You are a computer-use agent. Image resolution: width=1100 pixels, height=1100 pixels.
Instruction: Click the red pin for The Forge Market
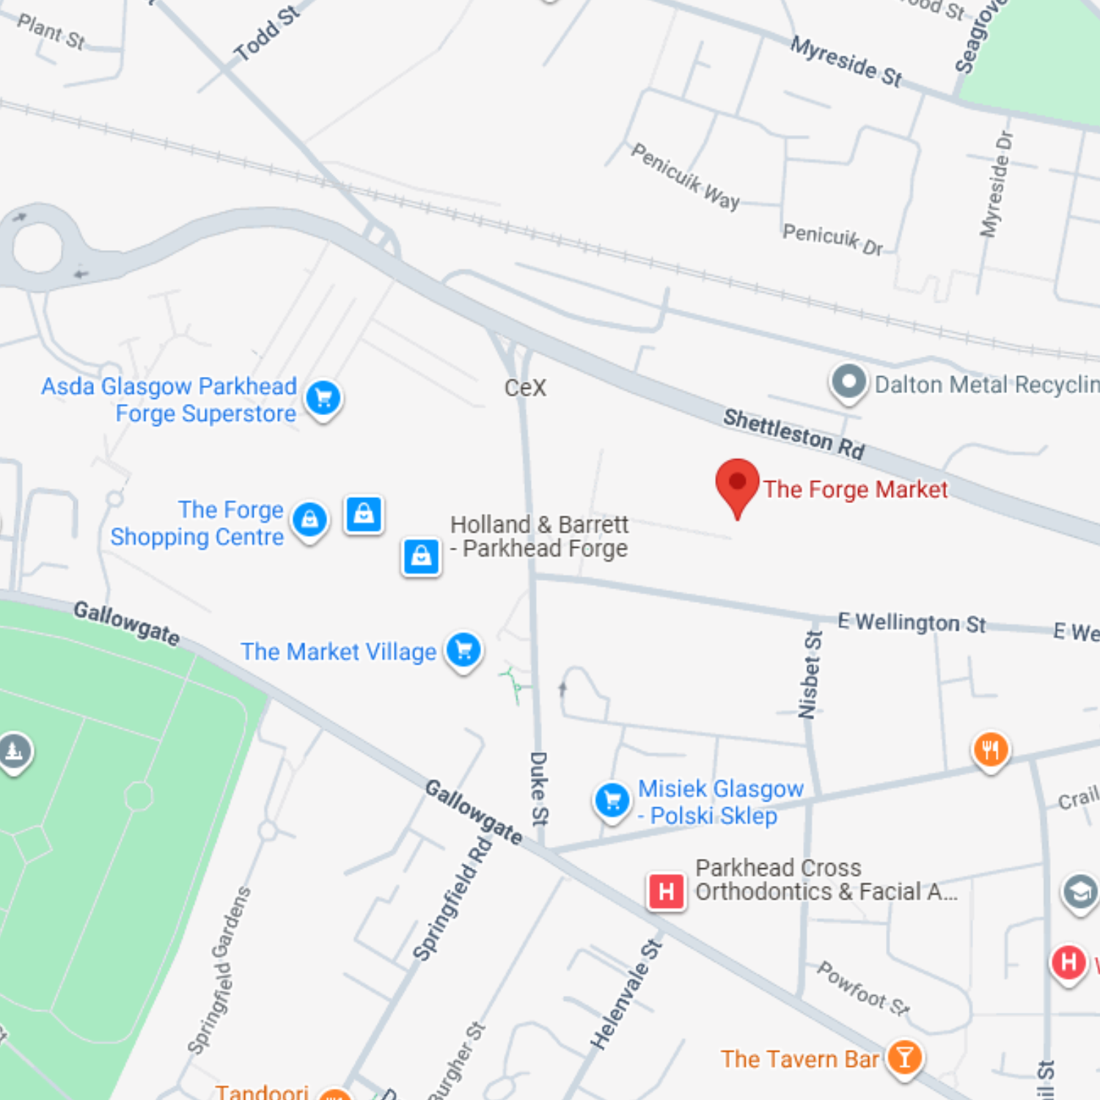pos(737,485)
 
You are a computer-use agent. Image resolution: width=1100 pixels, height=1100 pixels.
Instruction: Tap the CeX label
pos(525,387)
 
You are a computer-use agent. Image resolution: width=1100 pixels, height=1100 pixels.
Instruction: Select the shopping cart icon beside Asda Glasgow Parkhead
pos(323,398)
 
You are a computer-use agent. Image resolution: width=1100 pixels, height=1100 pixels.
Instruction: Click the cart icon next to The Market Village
pos(463,650)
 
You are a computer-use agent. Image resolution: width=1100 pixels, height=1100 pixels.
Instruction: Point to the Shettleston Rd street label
pos(794,433)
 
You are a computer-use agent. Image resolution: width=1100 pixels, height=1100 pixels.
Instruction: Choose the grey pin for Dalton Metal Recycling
pos(848,382)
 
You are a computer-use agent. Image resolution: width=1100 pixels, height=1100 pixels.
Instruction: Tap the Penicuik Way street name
pos(686,177)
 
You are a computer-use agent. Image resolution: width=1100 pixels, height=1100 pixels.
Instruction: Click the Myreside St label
pos(846,62)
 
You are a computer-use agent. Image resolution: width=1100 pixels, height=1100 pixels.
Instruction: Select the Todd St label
pos(267,33)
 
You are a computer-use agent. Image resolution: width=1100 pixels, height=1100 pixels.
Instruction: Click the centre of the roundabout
pos(37,247)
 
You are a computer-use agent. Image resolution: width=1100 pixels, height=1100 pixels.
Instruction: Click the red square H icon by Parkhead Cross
pos(666,891)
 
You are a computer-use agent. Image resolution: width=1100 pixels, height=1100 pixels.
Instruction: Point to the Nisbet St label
pos(810,675)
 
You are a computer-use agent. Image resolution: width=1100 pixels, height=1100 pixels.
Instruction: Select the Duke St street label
pos(539,788)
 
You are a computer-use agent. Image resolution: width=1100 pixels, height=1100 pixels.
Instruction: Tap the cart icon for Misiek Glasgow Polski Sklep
pos(612,801)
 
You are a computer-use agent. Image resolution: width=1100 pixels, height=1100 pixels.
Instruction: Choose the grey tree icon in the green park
pos(15,751)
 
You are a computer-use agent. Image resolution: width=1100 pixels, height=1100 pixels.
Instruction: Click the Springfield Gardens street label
pos(219,970)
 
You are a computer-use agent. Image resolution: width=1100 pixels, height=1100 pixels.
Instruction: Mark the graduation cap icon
pos(1079,892)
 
